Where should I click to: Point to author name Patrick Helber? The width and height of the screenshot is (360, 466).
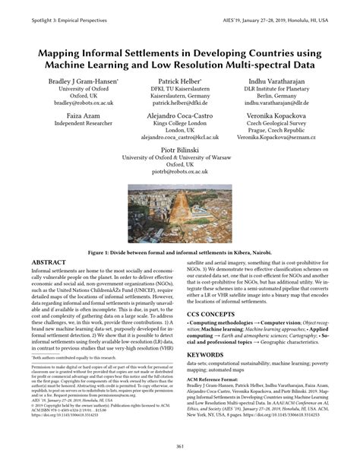tap(179, 79)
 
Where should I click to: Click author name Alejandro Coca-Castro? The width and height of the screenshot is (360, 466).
tap(179, 117)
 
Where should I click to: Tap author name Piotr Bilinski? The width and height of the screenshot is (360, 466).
tap(179, 153)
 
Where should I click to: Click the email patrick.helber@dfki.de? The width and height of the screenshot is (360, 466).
tap(179, 103)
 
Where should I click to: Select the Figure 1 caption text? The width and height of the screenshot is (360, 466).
tap(179, 250)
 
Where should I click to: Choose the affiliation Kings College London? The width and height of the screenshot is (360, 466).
tap(179, 125)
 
